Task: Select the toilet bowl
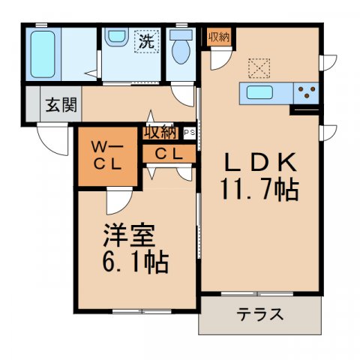(x=180, y=51)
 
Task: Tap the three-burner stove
(x=305, y=94)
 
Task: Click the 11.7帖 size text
(x=259, y=189)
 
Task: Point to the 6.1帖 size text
(x=135, y=262)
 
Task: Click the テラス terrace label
(x=260, y=314)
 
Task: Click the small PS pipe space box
(x=188, y=133)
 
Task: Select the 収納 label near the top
(x=220, y=36)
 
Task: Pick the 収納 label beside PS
(x=161, y=133)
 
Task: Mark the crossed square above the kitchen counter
(x=259, y=68)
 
